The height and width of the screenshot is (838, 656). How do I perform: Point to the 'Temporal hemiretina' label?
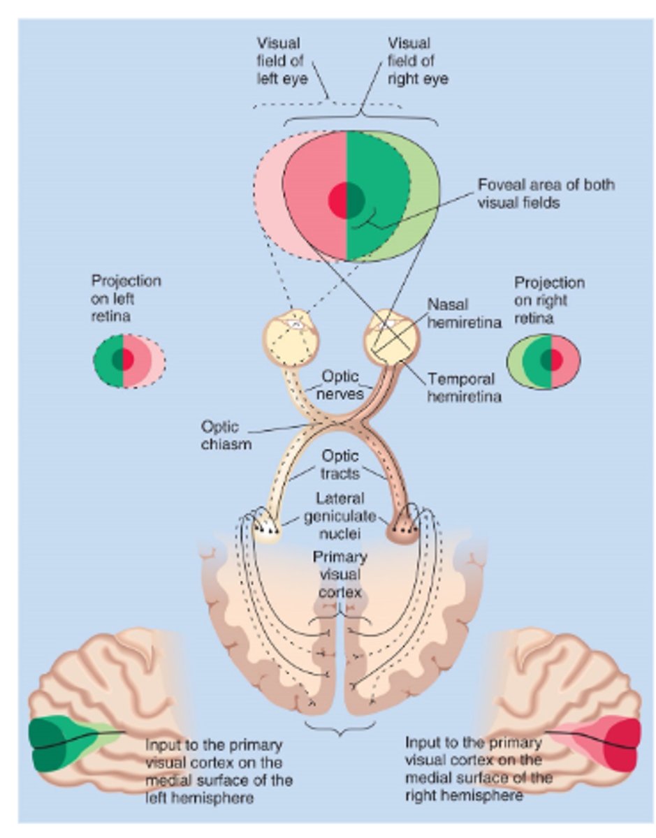click(x=460, y=388)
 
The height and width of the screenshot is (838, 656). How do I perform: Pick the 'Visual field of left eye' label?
click(x=279, y=60)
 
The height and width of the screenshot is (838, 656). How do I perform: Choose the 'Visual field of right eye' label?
click(x=418, y=60)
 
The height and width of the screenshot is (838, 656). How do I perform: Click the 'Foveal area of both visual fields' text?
click(x=546, y=193)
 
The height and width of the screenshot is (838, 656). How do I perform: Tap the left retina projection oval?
click(x=129, y=360)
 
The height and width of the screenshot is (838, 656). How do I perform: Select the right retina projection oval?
click(x=543, y=361)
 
